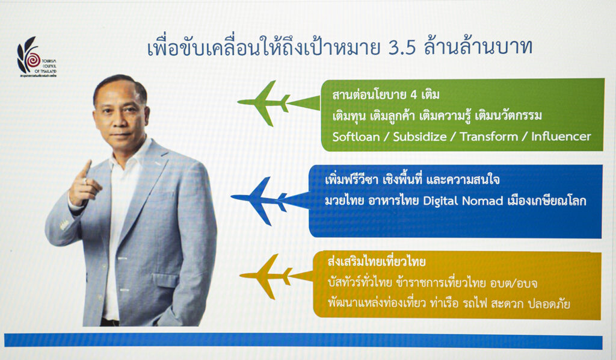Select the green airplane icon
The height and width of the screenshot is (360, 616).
pos(279,103)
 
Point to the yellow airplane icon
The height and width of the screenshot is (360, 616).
pos(276,276)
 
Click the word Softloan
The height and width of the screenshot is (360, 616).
pos(356,137)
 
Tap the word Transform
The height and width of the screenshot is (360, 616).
pos(488,137)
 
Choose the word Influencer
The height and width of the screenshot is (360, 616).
pos(561,137)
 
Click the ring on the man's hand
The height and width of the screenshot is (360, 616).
pos(85,181)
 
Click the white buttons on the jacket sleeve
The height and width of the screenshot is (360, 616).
pos(64,225)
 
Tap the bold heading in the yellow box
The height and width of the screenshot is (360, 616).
pos(377,262)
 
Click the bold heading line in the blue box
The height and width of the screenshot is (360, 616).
pos(412,179)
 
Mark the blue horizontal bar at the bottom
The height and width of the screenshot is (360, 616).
pos(303,341)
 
